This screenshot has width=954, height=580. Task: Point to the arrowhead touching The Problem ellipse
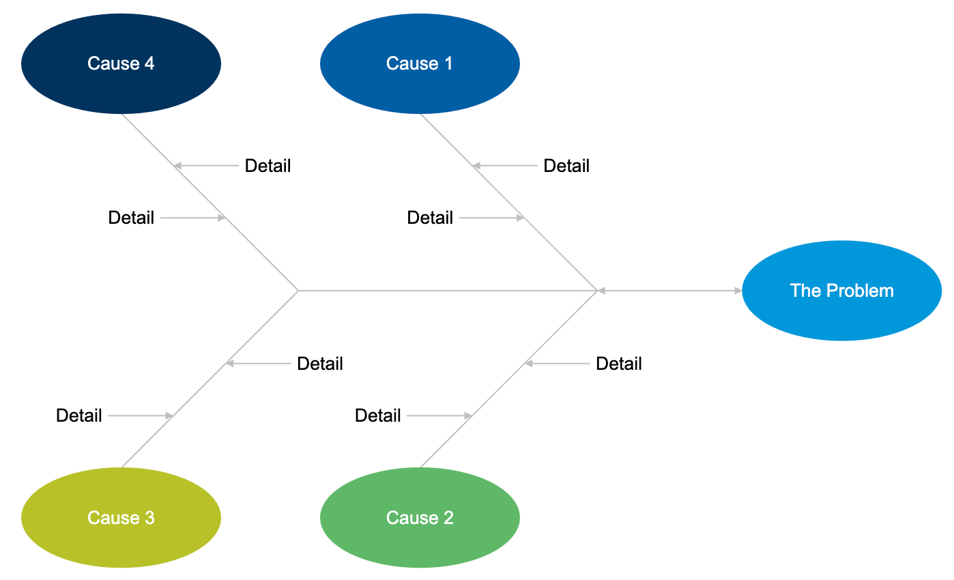(x=738, y=291)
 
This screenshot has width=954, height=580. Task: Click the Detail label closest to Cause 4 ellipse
(x=268, y=166)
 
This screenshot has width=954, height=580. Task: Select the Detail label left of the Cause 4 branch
(x=131, y=218)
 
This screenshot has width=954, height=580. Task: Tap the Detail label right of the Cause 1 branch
(x=566, y=166)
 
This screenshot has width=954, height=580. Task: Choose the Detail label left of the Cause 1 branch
(x=430, y=218)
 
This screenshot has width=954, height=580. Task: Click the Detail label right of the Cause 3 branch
(x=319, y=364)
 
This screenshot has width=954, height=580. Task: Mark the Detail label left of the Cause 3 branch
(x=79, y=416)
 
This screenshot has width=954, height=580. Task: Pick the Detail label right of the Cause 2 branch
(x=619, y=364)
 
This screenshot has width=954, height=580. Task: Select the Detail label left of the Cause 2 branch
(x=378, y=416)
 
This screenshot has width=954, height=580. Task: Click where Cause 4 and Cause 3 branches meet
(x=299, y=291)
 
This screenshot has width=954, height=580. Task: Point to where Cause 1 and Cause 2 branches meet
(x=598, y=291)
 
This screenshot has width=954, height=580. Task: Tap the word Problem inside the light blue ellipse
(x=859, y=291)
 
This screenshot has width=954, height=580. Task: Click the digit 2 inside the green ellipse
(x=448, y=518)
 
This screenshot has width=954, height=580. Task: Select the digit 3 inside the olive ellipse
(x=149, y=518)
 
